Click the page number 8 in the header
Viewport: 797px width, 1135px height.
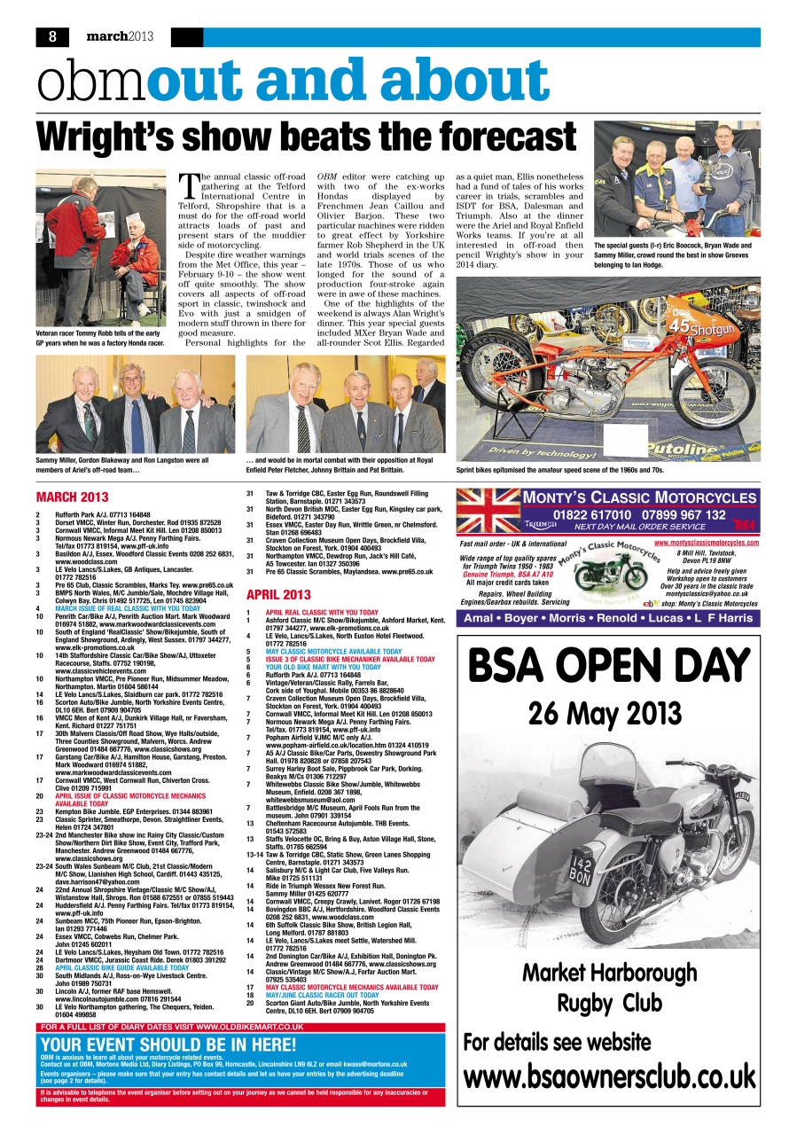[x=52, y=37]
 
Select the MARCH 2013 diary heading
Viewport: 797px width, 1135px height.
[x=72, y=497]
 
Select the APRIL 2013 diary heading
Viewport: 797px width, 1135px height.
[x=278, y=595]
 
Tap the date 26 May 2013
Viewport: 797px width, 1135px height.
[x=608, y=713]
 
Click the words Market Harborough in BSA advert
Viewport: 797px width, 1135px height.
[x=608, y=974]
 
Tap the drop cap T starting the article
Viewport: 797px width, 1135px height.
[x=189, y=185]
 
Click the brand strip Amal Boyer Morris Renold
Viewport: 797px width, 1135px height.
[x=608, y=618]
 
